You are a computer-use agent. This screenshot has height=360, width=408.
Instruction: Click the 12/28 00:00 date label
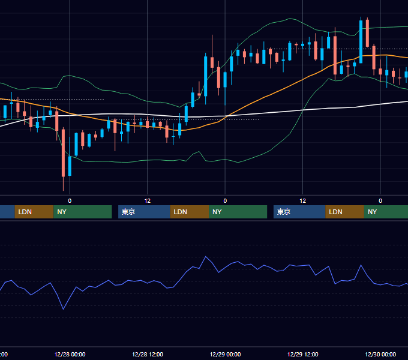pos(70,354)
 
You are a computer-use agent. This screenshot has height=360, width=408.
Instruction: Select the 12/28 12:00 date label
pos(148,354)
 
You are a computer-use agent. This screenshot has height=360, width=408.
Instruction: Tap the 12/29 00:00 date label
pos(225,354)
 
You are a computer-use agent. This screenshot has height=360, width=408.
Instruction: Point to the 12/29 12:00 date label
pos(302,354)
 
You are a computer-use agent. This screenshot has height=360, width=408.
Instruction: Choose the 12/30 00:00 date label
pos(380,354)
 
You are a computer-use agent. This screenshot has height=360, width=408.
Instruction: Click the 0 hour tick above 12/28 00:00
pos(70,201)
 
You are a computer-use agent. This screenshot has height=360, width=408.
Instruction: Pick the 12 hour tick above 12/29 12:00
pos(302,201)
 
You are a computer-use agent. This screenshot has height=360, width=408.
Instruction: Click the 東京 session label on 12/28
pos(128,212)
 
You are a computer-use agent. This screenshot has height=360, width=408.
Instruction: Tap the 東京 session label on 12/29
pos(284,212)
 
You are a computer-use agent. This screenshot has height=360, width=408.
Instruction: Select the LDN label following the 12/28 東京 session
pos(181,212)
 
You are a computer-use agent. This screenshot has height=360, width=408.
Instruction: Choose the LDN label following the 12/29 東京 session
pos(335,212)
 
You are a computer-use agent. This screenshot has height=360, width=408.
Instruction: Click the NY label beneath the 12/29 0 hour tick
pos(217,212)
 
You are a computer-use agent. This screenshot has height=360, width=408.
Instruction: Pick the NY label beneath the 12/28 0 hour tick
pos(62,212)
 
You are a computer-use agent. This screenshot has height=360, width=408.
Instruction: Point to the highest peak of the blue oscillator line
pos(206,257)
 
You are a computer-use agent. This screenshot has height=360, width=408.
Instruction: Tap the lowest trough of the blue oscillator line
pos(63,309)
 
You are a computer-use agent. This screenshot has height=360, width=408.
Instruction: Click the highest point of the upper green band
pos(290,19)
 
